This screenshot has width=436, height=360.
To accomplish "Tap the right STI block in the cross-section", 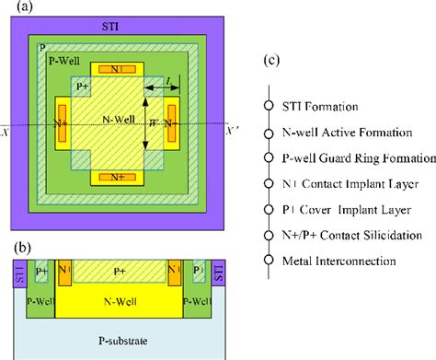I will pyautogui.click(x=219, y=272).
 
